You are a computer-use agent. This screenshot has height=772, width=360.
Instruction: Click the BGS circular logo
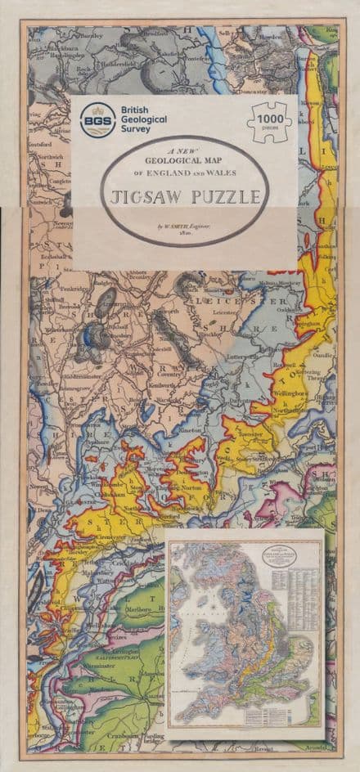tap(94, 120)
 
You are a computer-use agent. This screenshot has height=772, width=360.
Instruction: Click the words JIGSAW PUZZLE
tap(183, 197)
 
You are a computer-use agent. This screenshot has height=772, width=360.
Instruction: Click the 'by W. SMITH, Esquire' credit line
tap(183, 224)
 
